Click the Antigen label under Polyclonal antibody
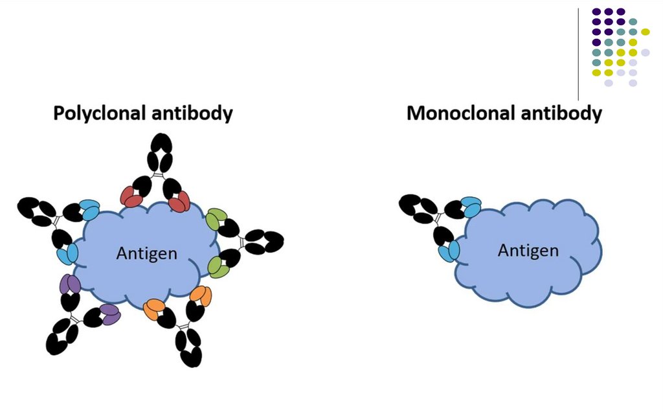(146, 253)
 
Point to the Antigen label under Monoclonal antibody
(528, 250)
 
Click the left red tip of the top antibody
(133, 198)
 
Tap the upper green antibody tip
(216, 220)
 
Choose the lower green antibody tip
(218, 267)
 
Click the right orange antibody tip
(201, 295)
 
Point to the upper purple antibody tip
(70, 284)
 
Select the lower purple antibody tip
(109, 314)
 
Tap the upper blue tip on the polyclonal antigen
(89, 209)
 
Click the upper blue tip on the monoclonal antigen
(472, 206)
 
